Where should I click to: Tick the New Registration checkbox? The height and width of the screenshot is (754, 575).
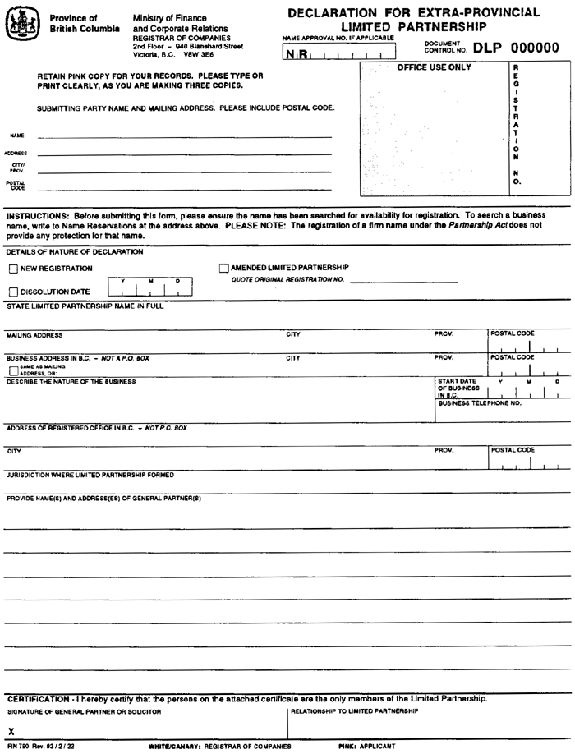13,269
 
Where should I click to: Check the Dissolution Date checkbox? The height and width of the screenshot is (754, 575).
13,292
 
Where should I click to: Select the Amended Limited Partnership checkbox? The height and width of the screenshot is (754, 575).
224,268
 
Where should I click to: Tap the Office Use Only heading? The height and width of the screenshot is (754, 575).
434,67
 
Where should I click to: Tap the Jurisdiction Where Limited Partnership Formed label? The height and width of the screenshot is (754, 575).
90,475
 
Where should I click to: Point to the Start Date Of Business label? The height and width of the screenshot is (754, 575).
458,388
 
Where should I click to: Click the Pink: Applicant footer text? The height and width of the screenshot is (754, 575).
366,747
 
